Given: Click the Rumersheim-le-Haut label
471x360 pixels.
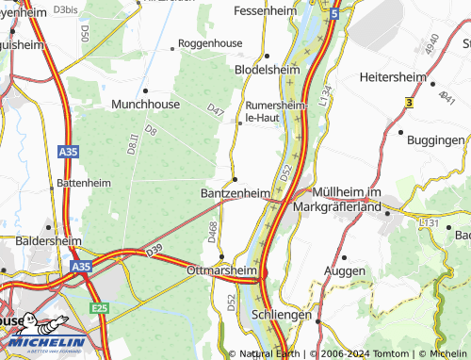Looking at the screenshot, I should [276, 111].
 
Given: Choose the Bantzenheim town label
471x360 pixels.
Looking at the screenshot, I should [235, 192].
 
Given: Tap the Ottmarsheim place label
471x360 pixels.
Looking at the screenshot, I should [222, 270].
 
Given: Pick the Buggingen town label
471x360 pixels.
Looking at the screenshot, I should [435, 139].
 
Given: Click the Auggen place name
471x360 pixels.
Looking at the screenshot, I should [344, 270].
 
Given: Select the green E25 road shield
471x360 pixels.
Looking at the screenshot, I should [99, 307].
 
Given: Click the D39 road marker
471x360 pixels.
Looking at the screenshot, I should [155, 251].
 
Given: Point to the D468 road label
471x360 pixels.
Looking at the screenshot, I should [213, 230].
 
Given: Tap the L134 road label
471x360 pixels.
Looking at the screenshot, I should [326, 95].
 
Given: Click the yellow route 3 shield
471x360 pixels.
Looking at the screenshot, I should [409, 101].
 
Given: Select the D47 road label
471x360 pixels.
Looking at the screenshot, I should [217, 111].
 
